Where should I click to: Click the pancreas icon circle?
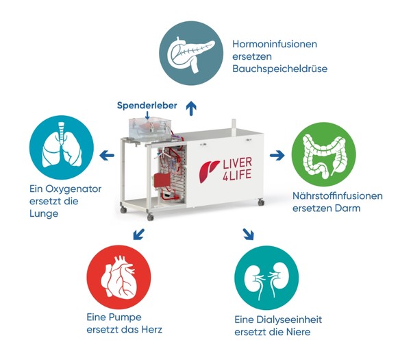tap(191, 53)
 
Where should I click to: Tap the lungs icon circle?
tap(62, 147)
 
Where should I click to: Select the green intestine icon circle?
tap(324, 154)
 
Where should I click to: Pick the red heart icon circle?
tap(119, 277)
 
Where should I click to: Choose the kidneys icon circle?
tap(266, 278)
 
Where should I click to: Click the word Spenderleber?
tap(147, 106)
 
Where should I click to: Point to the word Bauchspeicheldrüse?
tap(280, 69)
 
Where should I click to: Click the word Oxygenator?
tap(73, 189)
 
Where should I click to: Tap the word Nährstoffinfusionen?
tap(338, 195)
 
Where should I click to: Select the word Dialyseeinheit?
tap(289, 320)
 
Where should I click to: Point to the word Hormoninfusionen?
tap(275, 44)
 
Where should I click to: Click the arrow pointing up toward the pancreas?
tap(191, 108)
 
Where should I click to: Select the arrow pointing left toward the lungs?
tap(107, 156)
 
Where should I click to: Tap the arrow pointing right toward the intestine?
tap(277, 156)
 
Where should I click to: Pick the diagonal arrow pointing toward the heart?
tap(138, 234)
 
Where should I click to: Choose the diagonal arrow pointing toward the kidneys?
tap(248, 235)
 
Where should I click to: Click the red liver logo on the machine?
tap(208, 171)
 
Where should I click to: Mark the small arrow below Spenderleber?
tap(147, 116)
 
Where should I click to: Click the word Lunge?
tap(44, 213)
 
